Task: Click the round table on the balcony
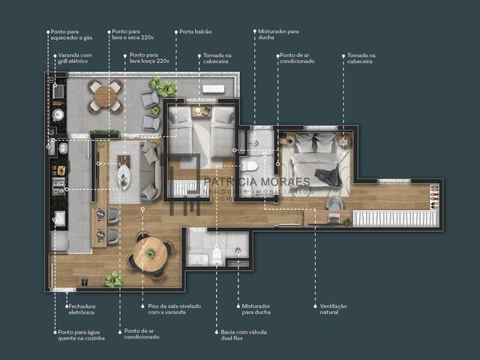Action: (106, 96)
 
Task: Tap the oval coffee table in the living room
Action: (124, 177)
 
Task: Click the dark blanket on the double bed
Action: (327, 177)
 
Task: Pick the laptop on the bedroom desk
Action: (333, 217)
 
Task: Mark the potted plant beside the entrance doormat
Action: (114, 279)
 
